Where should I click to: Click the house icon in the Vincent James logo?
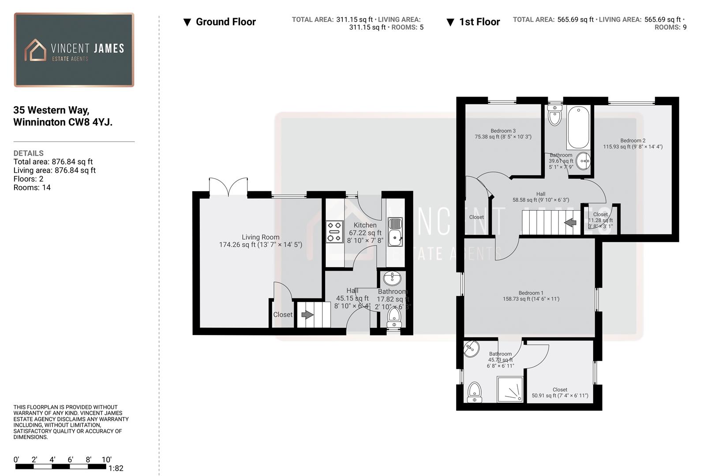(x=35, y=50)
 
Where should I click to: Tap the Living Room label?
(x=260, y=237)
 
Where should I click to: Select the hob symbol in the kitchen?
(x=334, y=232)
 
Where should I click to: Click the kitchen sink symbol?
(x=395, y=232)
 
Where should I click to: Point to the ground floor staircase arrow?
(x=307, y=315)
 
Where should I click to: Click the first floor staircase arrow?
(x=570, y=223)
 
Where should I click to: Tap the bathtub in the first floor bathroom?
(x=578, y=128)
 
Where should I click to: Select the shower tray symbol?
(x=510, y=389)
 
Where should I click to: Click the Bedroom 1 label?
(x=531, y=293)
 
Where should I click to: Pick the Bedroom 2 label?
(x=633, y=141)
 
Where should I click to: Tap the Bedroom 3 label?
(x=503, y=131)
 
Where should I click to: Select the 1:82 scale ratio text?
(x=116, y=469)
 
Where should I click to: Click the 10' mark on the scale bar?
(x=106, y=460)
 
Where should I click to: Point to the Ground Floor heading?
(x=225, y=22)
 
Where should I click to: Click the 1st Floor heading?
(x=479, y=22)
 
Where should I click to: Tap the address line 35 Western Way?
(x=51, y=110)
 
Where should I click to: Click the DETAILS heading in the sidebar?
(x=29, y=153)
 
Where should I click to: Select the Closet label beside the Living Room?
(x=282, y=315)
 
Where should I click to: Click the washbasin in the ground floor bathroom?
(x=392, y=279)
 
